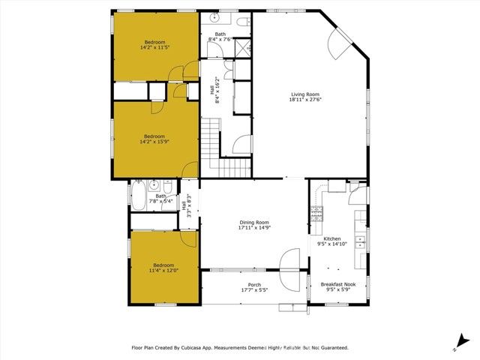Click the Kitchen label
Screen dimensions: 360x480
331,238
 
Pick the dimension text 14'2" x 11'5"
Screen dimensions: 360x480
155,47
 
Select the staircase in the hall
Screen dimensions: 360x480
211,146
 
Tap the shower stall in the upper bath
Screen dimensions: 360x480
242,49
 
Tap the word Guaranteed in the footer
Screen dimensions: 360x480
330,348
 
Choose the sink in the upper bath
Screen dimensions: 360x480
214,17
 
